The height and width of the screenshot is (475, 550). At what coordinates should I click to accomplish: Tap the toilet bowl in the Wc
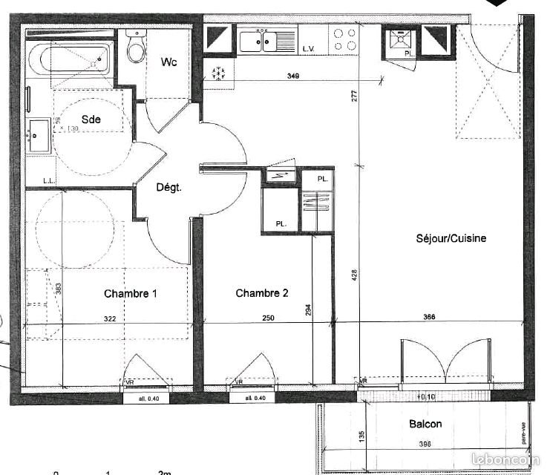pyautogui.click(x=135, y=48)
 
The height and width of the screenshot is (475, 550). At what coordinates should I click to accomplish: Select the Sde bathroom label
pyautogui.click(x=91, y=119)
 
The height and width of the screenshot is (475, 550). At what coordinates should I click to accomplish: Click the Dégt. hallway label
pyautogui.click(x=168, y=188)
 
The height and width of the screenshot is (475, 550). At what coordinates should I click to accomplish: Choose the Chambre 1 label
pyautogui.click(x=130, y=294)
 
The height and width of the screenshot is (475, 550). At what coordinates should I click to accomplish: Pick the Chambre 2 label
pyautogui.click(x=262, y=293)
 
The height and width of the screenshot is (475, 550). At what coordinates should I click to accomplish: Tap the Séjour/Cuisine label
pyautogui.click(x=451, y=238)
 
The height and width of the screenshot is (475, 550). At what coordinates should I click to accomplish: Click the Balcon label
pyautogui.click(x=425, y=425)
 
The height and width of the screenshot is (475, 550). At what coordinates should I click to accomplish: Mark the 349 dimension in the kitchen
pyautogui.click(x=293, y=76)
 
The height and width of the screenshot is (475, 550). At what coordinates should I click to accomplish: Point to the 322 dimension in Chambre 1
pyautogui.click(x=110, y=319)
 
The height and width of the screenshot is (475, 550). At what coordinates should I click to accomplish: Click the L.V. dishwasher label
pyautogui.click(x=309, y=49)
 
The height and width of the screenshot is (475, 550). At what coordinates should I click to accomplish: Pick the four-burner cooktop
pyautogui.click(x=344, y=39)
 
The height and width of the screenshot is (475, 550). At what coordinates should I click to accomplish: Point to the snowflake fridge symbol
pyautogui.click(x=219, y=73)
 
